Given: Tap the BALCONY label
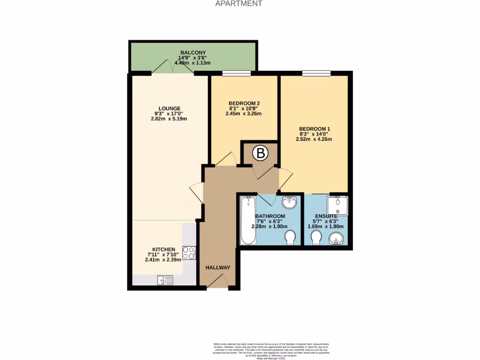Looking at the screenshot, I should coord(193,52).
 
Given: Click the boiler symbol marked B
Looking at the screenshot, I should coord(260,153).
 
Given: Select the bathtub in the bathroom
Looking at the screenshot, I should coord(247,220).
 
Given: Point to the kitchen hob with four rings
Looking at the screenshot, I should coord(189,253).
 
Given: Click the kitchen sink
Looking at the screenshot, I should coord(165,280).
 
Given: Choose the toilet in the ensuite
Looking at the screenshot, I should coord(316,239).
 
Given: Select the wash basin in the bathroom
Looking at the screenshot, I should coord(290,202).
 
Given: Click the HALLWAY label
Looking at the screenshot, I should coord(218,268).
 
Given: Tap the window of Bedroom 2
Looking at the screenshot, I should coord(236,73).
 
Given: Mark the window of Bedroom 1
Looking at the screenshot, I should coord(316,73).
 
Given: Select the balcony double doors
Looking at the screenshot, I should coord(172,68).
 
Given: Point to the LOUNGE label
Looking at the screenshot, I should coord(166,108).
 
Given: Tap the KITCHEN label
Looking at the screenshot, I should coord(164,249).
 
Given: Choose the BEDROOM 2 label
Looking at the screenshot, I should coord(244,103).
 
